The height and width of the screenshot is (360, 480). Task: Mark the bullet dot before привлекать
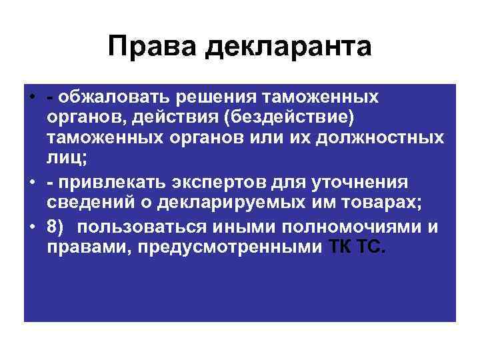31,182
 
